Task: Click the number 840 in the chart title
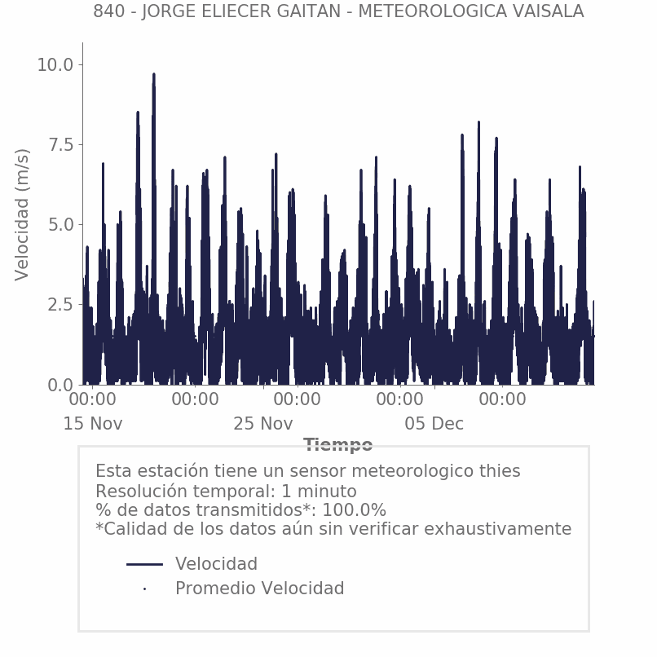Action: coord(108,12)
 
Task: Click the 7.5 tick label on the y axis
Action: coord(60,145)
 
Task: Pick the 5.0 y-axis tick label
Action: coord(60,225)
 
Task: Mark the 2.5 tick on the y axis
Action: coord(60,305)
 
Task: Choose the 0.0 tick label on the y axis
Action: coord(60,385)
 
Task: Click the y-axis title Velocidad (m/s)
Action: coord(23,214)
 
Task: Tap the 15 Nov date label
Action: coord(93,425)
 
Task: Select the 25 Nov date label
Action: coord(263,425)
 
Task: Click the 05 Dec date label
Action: coord(434,425)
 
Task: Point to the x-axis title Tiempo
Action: coord(338,445)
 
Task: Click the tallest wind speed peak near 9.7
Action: coord(153,76)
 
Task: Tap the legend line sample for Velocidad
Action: coord(145,564)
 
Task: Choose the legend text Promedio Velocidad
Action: coord(259,589)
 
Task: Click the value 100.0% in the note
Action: coord(355,511)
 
